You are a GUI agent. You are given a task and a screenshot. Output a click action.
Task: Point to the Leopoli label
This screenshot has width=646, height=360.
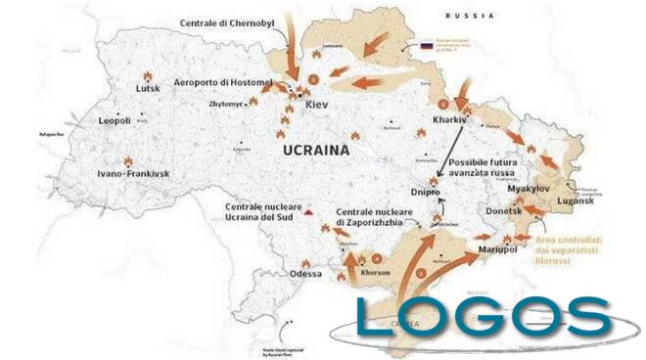click(121, 121)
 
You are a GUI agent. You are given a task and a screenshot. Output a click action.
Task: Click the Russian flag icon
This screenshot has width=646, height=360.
click(426, 45)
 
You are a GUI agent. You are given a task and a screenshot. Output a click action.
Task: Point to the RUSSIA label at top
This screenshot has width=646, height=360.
click(467, 17)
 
